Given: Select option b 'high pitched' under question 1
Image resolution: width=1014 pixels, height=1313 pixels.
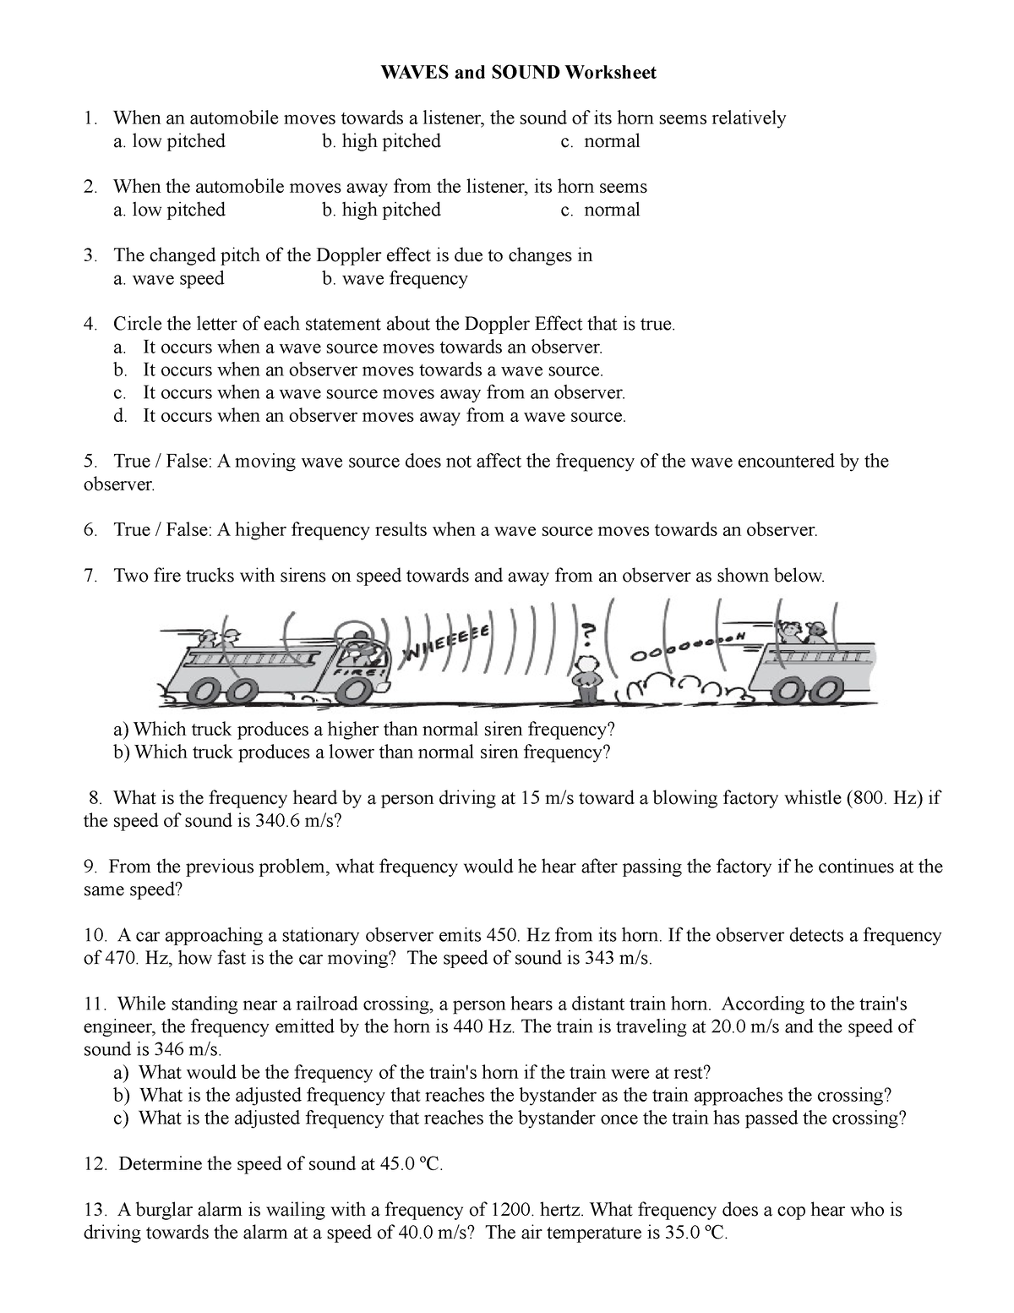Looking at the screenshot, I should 381,141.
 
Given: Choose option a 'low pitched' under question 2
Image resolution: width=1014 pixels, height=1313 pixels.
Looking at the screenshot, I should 169,210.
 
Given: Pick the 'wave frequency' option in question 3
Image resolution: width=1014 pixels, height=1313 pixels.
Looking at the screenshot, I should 395,278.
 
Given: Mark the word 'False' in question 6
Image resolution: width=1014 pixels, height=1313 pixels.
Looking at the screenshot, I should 189,530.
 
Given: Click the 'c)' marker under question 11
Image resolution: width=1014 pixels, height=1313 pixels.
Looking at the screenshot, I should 122,1118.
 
